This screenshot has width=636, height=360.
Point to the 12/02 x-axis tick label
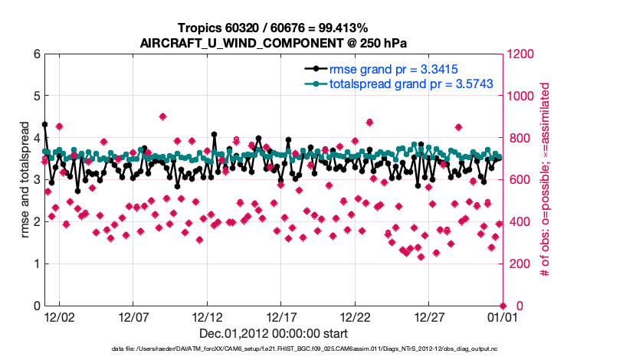(59, 316)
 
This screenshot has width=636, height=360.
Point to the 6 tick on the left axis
(36, 54)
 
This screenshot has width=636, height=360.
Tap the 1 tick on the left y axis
(36, 264)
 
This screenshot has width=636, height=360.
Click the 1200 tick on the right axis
(518, 54)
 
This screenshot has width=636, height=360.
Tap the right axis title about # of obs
(546, 180)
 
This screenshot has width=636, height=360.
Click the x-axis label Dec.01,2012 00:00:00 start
(274, 333)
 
